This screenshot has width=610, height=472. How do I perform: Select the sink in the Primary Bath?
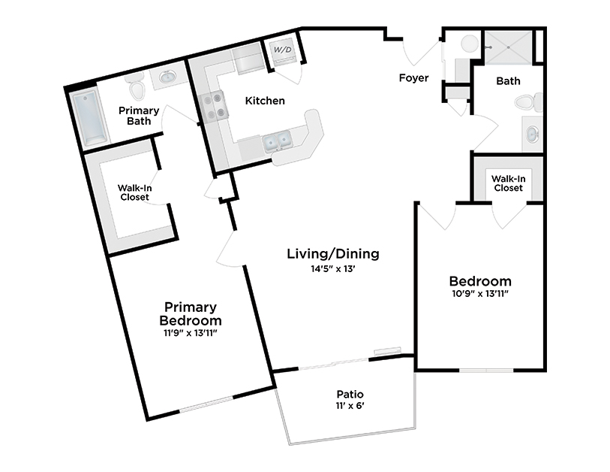pyautogui.click(x=167, y=77)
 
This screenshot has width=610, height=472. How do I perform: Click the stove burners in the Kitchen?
pyautogui.click(x=212, y=105)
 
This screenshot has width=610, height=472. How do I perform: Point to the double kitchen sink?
pyautogui.click(x=275, y=141)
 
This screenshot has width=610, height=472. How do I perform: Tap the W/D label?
pyautogui.click(x=282, y=50)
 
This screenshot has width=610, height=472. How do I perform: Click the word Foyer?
pyautogui.click(x=413, y=77)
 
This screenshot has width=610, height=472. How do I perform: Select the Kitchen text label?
pyautogui.click(x=266, y=100)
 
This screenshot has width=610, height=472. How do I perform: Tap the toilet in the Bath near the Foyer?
pyautogui.click(x=531, y=101)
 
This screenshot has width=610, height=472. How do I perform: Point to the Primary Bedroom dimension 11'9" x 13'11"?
pyautogui.click(x=193, y=332)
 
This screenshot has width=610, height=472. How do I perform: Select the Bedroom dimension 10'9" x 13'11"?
pyautogui.click(x=479, y=293)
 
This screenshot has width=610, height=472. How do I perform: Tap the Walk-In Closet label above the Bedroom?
pyautogui.click(x=507, y=183)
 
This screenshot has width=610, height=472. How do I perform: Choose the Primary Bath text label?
pyautogui.click(x=139, y=116)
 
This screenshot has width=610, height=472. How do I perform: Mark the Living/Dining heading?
pyautogui.click(x=333, y=253)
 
